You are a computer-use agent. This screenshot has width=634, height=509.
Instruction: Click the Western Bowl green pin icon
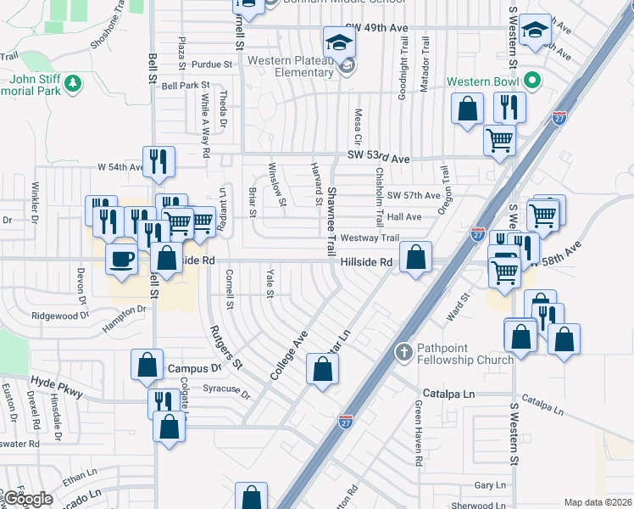[x=532, y=82]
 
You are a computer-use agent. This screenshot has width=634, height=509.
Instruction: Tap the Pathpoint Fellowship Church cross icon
[x=404, y=350]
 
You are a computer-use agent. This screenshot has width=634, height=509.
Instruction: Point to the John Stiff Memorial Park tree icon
[x=74, y=82]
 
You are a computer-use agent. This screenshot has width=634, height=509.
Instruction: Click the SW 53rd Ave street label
[x=378, y=158]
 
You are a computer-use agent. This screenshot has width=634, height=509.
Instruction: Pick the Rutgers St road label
[x=226, y=348]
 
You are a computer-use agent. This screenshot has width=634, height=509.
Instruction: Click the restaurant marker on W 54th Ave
[x=159, y=161]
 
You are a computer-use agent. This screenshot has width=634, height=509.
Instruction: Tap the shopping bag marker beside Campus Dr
[x=147, y=365]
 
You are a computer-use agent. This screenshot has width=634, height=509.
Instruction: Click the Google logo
[x=27, y=500]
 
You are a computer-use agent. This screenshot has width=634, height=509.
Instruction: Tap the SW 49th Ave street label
[x=377, y=28]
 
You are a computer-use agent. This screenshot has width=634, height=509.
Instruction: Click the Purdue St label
[x=211, y=64]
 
